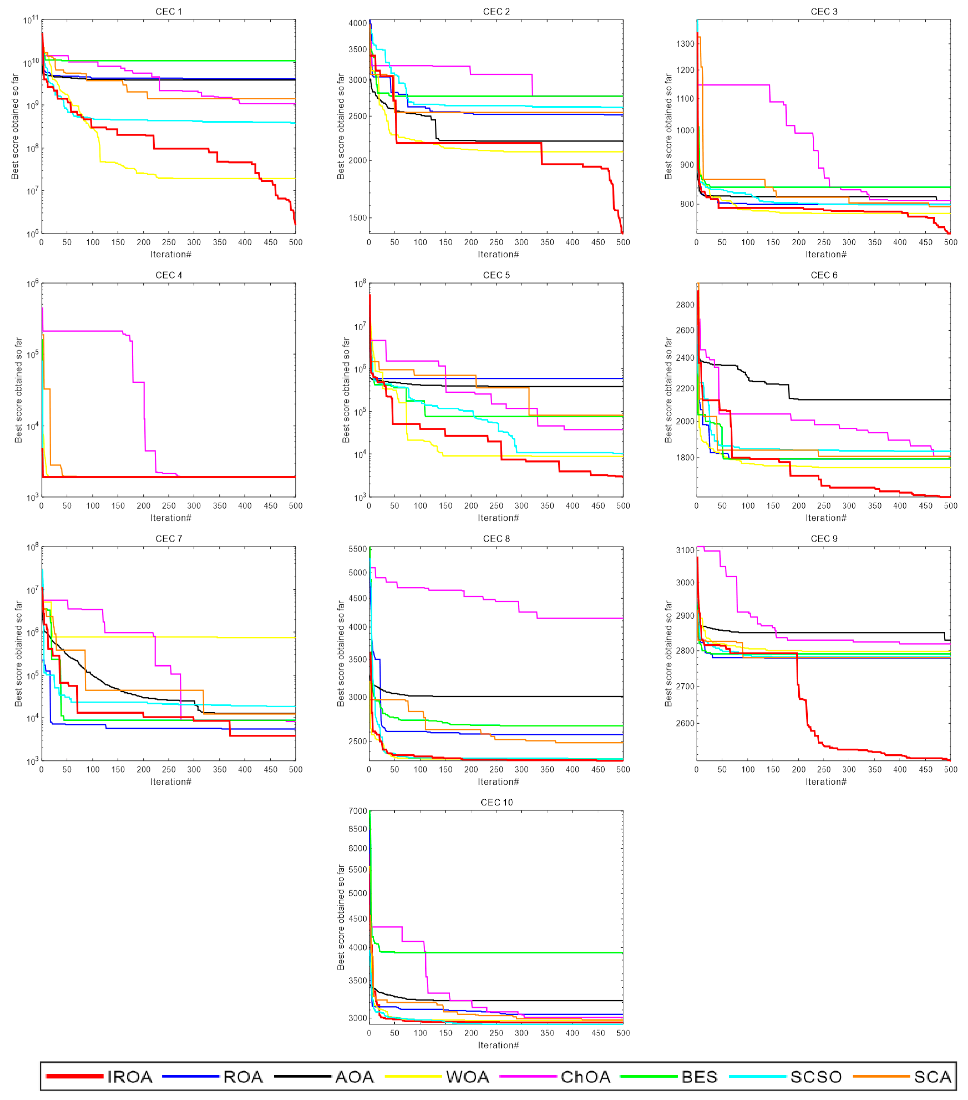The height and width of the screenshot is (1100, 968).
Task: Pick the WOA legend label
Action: (467, 1077)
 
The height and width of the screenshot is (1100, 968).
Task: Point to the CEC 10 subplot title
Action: (496, 802)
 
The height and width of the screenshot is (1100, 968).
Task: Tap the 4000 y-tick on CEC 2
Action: (357, 23)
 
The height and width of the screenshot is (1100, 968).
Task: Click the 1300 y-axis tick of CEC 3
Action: (685, 44)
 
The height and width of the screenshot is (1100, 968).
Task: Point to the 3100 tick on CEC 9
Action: (685, 550)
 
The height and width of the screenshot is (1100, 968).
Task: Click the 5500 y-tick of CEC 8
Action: (357, 549)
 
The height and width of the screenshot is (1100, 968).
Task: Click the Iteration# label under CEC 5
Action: (498, 518)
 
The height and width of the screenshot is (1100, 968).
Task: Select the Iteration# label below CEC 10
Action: (498, 1045)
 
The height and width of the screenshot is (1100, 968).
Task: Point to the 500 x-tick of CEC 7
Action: (295, 770)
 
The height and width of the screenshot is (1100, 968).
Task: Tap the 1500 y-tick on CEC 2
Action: (357, 218)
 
